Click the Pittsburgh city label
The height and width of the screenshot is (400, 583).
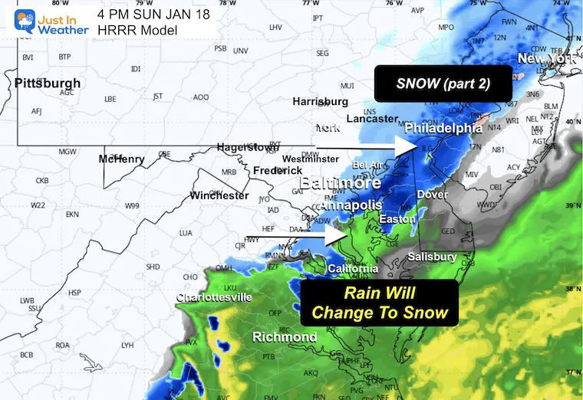tap(47, 83)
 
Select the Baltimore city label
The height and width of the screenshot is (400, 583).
tap(340, 185)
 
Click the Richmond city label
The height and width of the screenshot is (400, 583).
tap(285, 337)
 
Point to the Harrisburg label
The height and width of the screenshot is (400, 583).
tap(320, 101)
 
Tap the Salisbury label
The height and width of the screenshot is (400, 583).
tap(432, 257)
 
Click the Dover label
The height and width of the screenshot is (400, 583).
tap(432, 195)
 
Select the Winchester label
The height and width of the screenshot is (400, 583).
tap(219, 195)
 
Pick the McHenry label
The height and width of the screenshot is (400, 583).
tap(121, 159)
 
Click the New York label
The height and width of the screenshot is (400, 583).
tap(545, 59)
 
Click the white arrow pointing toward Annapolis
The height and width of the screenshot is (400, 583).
tap(295, 237)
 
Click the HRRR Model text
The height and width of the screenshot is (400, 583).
tap(137, 30)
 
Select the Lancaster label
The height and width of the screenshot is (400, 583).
tap(372, 119)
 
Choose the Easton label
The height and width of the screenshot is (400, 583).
tap(397, 219)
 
